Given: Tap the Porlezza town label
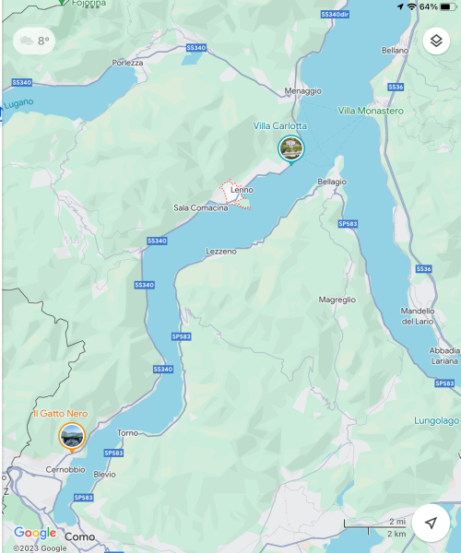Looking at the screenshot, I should pos(128,63).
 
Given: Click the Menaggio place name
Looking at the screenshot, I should pos(303,90).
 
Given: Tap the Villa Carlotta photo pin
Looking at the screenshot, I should pos(290,147).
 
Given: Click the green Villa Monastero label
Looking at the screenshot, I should pos(371,111).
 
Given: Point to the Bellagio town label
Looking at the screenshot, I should pos(332,182).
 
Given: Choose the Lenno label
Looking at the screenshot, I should pos(242,190).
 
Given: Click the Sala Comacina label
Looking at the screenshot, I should pos(200,208).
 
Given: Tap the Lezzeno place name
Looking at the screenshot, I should pos(221,251).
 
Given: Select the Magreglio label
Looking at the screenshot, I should pos(337,300).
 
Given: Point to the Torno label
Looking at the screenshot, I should pos(128,432).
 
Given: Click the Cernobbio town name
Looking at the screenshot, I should pos(65,469).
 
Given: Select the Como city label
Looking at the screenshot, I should pos(80,536).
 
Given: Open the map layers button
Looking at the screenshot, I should pos(435,41).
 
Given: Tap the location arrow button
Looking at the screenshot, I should pos(431,523).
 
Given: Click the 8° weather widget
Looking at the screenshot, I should pos(33,41).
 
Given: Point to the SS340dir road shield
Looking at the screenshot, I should pos(334,15).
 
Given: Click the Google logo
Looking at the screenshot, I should pos(34,533).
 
